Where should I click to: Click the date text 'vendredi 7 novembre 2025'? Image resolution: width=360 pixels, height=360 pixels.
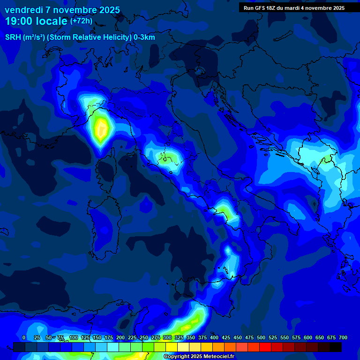62,10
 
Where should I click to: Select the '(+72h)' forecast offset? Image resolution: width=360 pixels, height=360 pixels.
81,21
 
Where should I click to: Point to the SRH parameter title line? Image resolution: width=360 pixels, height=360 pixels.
80,37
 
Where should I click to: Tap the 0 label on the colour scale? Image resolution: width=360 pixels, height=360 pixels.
24,337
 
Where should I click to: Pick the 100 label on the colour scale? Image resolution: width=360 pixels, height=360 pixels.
73,337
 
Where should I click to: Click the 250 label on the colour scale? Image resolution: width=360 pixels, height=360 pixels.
143,337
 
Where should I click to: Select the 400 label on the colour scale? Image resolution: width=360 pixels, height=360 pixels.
214,337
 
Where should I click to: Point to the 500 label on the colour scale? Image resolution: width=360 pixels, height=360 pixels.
261,337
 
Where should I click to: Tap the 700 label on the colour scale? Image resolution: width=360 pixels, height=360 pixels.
343,337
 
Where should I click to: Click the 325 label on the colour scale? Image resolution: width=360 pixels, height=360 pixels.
179,337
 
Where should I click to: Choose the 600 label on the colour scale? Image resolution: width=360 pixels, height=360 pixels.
308,337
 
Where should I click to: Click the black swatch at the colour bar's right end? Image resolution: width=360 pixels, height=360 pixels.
336,347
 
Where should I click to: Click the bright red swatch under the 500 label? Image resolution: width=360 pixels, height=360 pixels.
265,347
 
